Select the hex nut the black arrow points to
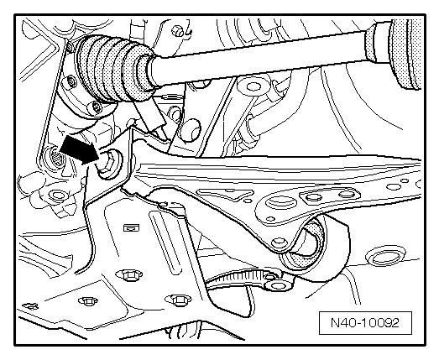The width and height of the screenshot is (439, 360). [x=109, y=165]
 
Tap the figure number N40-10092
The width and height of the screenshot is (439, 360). [x=365, y=322]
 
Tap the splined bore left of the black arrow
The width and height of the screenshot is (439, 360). [x=57, y=159]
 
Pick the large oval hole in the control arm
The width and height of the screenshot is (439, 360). [x=281, y=202]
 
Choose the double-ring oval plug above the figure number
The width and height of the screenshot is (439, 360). [x=384, y=257]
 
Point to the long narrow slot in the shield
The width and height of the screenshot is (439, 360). [x=165, y=241]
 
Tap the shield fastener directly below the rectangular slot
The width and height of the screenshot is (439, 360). [x=128, y=275]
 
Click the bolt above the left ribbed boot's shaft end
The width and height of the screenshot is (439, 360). [x=177, y=29]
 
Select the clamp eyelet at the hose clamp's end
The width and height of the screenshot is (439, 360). [x=277, y=285]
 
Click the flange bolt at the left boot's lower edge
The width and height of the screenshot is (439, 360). [x=97, y=107]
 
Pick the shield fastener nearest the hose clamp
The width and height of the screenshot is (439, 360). [x=179, y=300]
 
